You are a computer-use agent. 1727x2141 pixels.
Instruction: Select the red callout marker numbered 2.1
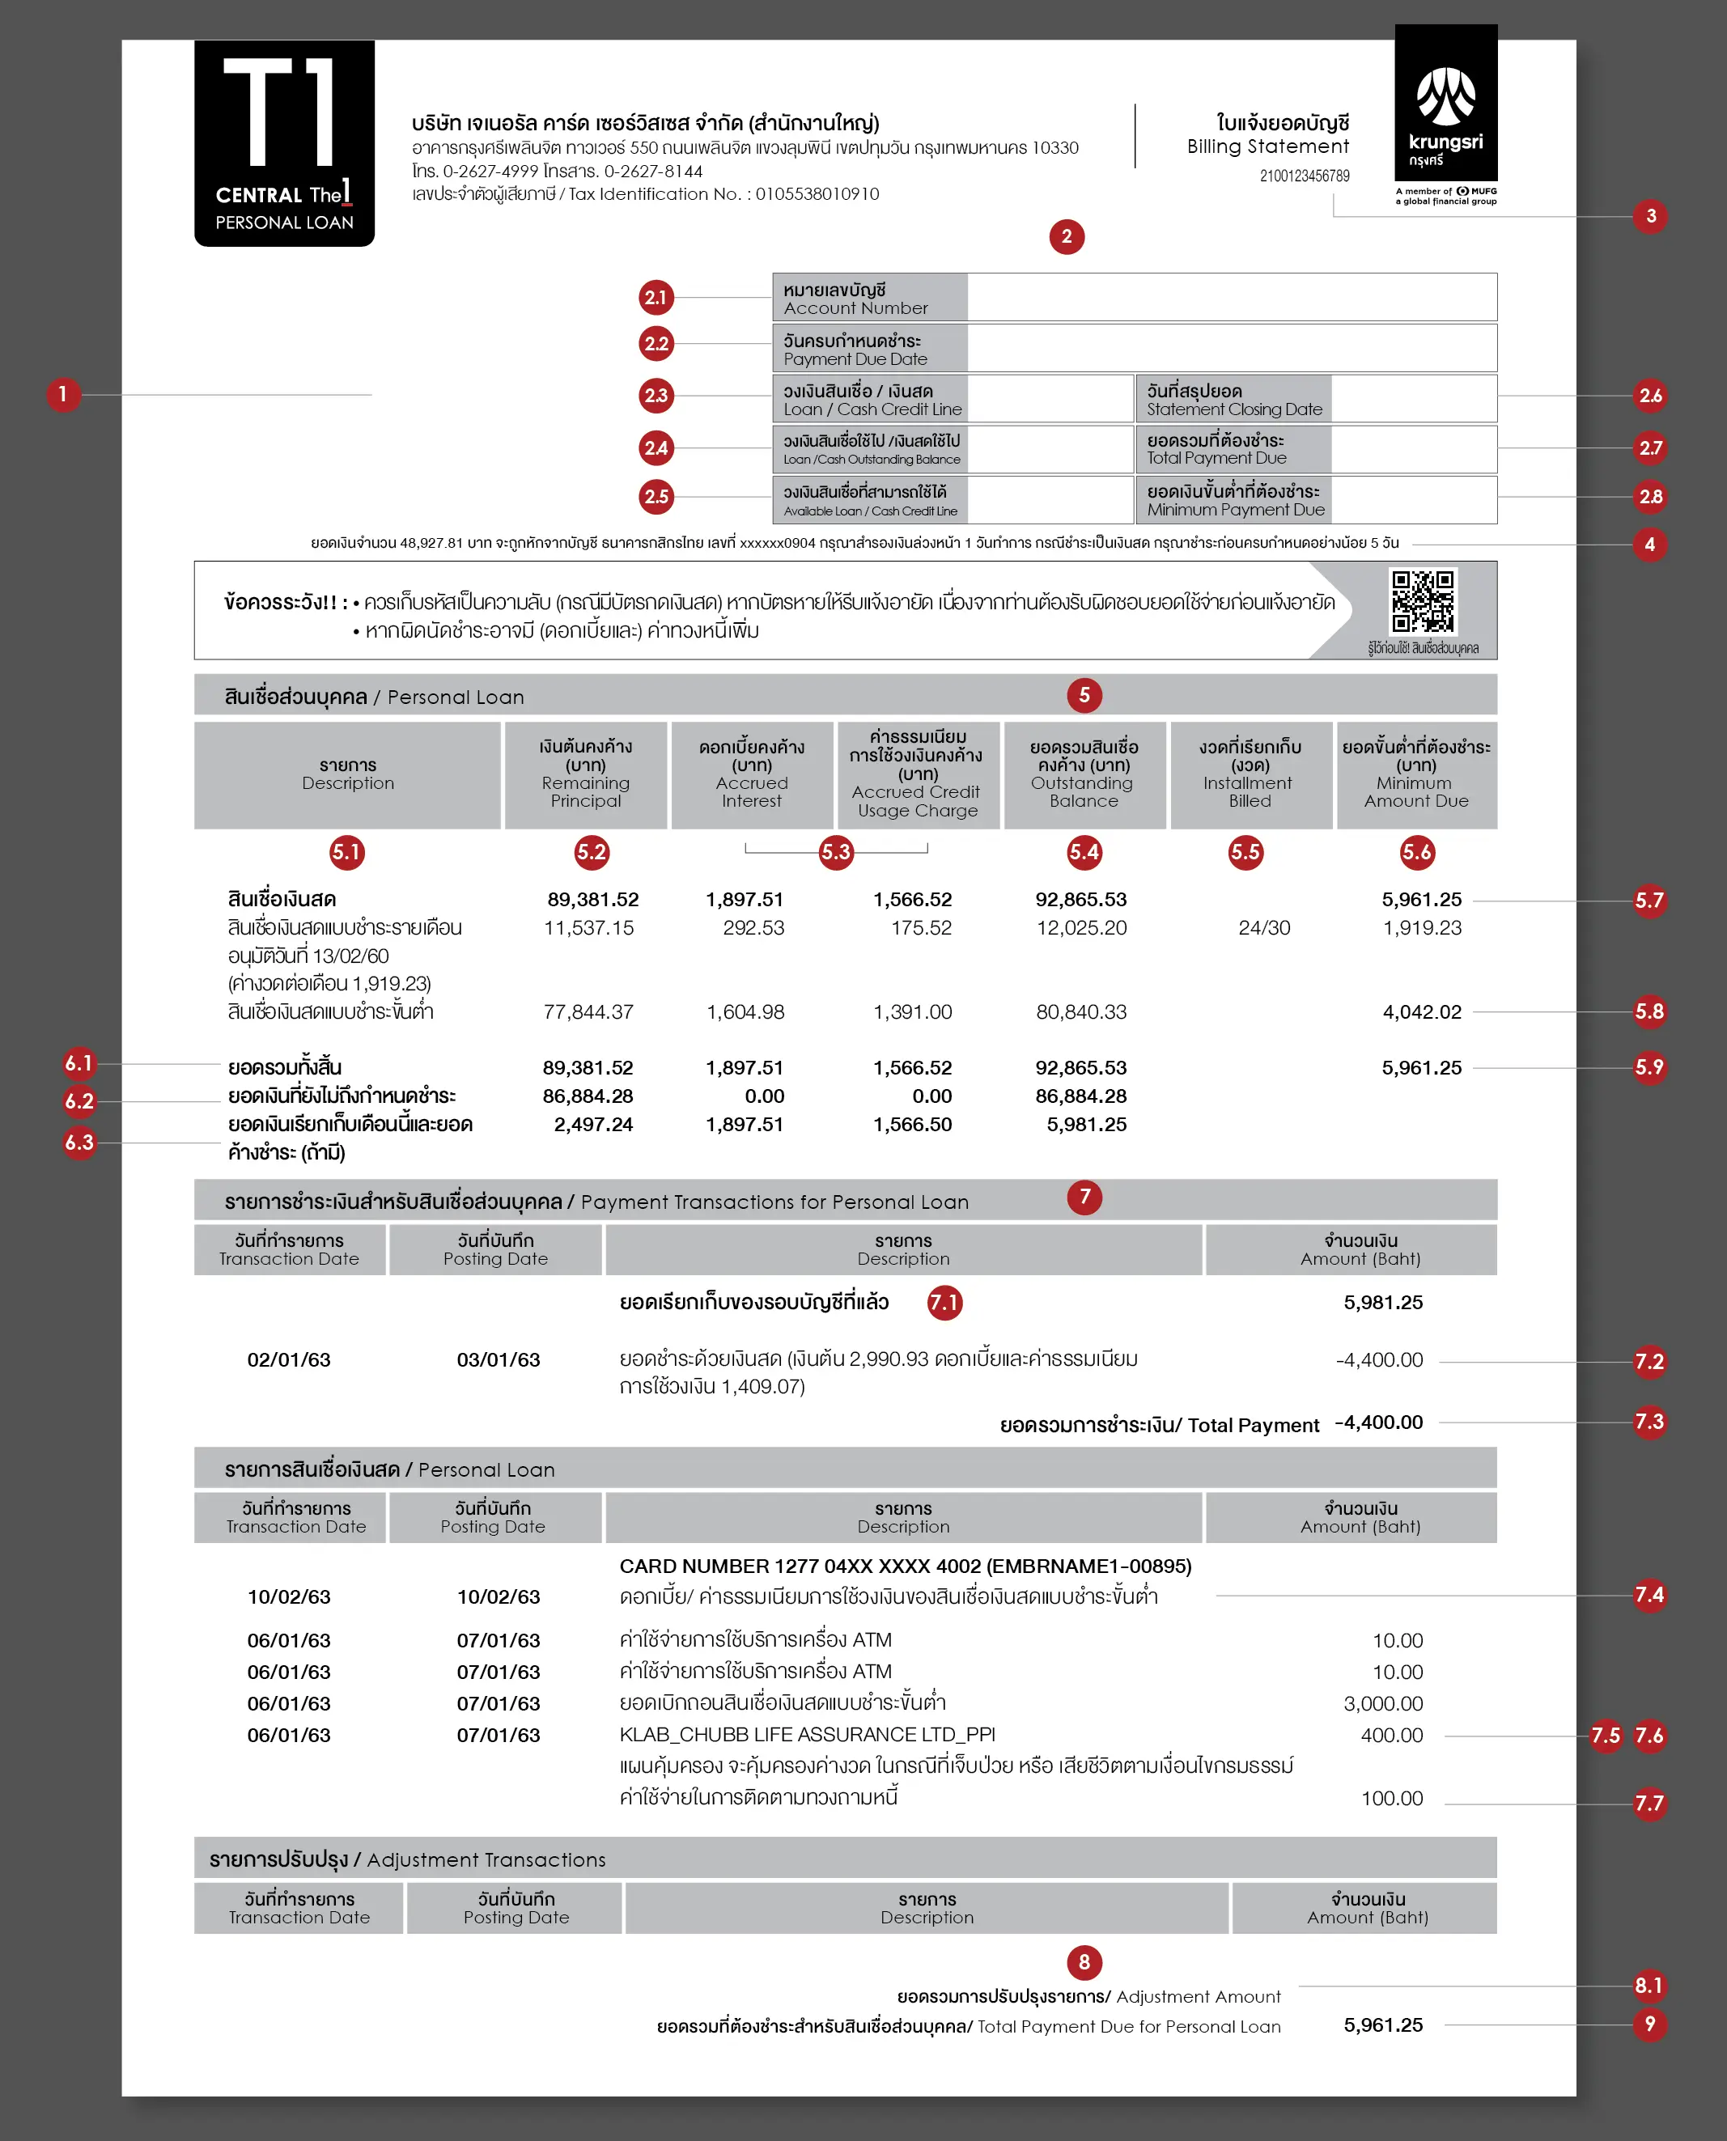coord(656,297)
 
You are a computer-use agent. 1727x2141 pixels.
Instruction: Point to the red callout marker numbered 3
coord(1650,217)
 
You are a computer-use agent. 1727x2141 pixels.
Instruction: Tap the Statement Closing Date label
coord(1233,400)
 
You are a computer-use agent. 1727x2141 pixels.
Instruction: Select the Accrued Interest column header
coord(751,774)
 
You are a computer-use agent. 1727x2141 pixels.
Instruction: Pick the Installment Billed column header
coord(1250,774)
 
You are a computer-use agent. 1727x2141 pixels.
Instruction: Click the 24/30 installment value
coord(1263,928)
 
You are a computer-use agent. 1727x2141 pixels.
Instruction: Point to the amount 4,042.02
coord(1422,1012)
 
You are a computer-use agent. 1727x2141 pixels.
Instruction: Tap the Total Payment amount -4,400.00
coord(1378,1422)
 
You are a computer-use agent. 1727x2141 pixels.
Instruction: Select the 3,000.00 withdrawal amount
coord(1383,1703)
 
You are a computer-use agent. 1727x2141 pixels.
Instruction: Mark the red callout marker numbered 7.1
coord(944,1303)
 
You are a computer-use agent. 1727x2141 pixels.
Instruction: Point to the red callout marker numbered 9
coord(1649,2024)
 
